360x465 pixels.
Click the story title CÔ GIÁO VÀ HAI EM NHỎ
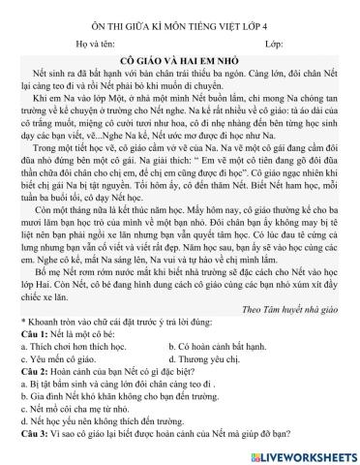click(181, 59)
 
